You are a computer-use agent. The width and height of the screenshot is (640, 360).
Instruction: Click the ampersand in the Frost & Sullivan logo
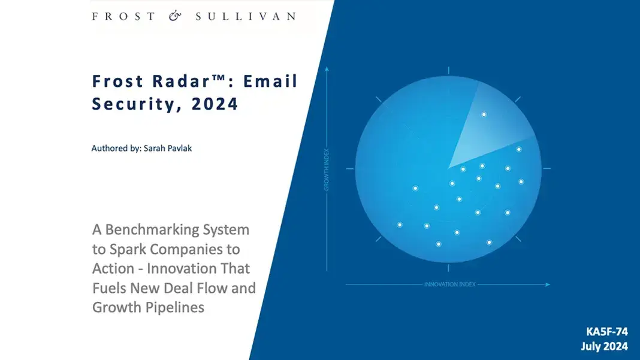click(x=175, y=16)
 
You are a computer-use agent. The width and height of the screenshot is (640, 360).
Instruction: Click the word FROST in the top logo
click(x=123, y=16)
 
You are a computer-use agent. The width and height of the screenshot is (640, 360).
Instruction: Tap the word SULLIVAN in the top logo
click(x=246, y=16)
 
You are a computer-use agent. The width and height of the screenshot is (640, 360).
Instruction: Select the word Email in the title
click(x=270, y=81)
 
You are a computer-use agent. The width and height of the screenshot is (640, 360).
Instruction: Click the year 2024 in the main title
click(x=215, y=104)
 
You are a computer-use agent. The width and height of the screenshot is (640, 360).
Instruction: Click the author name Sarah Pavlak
click(x=167, y=148)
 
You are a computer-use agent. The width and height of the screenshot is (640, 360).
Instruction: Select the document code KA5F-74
click(x=607, y=331)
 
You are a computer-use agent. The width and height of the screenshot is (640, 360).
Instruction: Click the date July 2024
click(x=605, y=347)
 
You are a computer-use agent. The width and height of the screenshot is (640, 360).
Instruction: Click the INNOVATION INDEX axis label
click(x=450, y=285)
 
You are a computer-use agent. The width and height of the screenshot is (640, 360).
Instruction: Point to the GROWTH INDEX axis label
click(x=327, y=170)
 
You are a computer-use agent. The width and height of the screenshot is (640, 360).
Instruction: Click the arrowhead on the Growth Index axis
click(x=327, y=69)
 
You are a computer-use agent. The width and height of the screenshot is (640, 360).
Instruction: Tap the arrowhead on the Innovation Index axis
click(x=547, y=285)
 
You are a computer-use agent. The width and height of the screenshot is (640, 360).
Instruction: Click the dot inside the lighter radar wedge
click(x=484, y=114)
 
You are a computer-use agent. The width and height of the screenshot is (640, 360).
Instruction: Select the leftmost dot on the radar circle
click(x=400, y=225)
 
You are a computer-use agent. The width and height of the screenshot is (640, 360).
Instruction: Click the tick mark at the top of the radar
click(x=448, y=71)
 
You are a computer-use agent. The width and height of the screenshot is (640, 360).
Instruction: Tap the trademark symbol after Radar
click(x=218, y=77)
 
